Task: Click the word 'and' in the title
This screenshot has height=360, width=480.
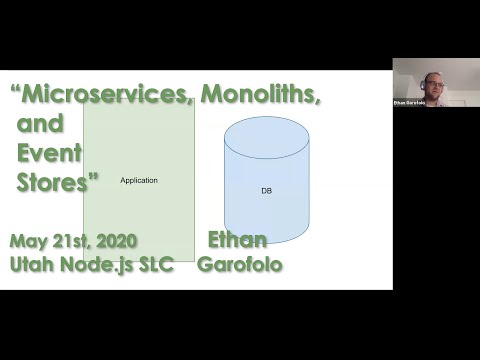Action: point(41,125)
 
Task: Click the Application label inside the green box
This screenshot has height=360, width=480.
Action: point(139,180)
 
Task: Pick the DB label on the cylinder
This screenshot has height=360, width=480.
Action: point(266,190)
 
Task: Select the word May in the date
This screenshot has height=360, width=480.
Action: point(29,242)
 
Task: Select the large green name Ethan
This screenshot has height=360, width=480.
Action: point(237,241)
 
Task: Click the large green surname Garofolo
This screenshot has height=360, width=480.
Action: point(239,265)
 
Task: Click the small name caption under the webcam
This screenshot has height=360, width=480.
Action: point(406,102)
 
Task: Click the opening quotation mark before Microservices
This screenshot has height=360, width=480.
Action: point(16,90)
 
